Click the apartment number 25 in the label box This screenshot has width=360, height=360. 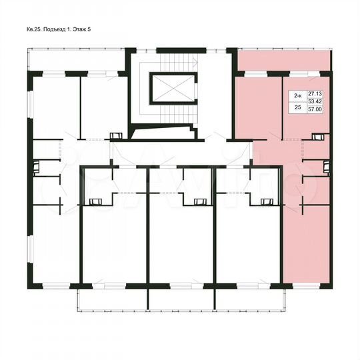coord(297,107)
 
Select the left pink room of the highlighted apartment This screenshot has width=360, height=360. coord(251,107)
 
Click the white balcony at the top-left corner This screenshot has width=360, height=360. coord(77,60)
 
